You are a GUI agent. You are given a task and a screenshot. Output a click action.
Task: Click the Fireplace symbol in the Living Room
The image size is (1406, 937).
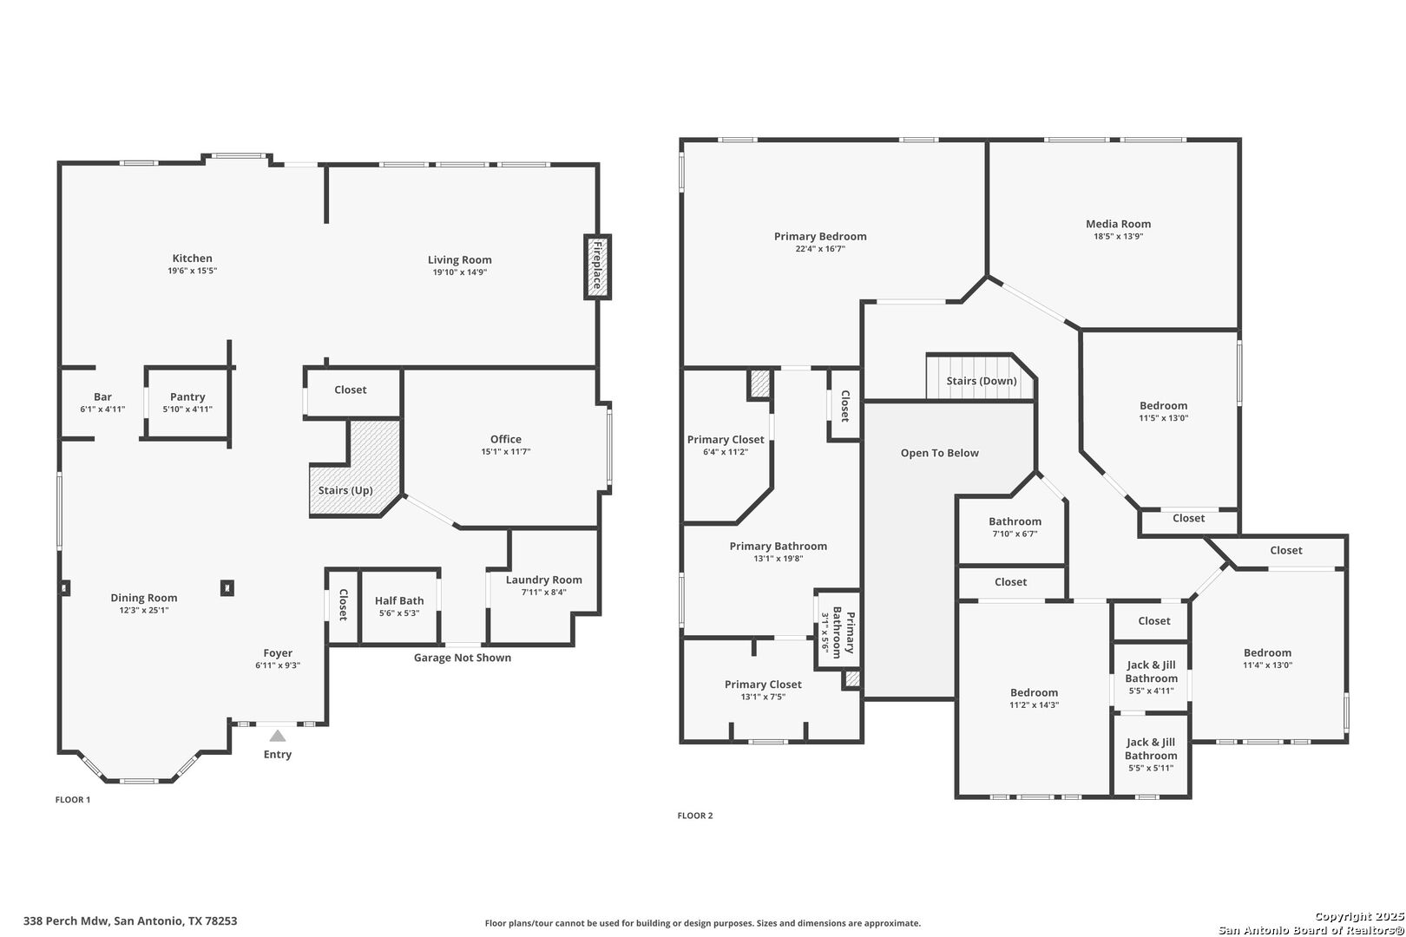click(x=597, y=267)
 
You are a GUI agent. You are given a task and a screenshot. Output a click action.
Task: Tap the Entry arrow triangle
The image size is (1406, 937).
click(x=277, y=736)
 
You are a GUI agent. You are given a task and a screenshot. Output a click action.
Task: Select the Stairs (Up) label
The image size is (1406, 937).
click(x=345, y=490)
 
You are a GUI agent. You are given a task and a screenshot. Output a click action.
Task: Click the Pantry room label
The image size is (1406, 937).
click(x=187, y=397)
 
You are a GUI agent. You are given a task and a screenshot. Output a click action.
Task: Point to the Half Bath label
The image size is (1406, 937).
click(x=399, y=600)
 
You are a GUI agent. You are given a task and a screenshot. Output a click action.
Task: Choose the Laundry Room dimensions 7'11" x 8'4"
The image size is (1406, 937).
click(x=544, y=593)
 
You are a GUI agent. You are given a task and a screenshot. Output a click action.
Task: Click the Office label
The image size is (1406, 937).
click(x=505, y=439)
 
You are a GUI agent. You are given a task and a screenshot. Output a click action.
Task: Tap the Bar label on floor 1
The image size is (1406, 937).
click(x=102, y=397)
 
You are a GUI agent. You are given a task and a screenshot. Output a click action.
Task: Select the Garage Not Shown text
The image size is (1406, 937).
click(x=462, y=658)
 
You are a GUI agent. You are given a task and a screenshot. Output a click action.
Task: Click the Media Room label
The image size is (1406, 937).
click(x=1118, y=224)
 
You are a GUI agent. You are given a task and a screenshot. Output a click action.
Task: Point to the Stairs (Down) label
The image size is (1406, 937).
click(x=981, y=381)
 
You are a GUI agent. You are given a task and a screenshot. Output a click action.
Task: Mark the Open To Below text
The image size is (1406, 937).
click(x=939, y=453)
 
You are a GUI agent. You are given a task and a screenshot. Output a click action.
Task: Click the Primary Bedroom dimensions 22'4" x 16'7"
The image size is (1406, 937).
click(x=820, y=249)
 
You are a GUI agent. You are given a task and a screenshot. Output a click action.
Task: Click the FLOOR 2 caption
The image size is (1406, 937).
click(x=694, y=816)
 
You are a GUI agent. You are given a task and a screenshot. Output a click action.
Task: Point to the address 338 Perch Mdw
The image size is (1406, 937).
click(x=130, y=921)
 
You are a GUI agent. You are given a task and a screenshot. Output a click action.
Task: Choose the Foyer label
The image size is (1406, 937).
click(x=278, y=653)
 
